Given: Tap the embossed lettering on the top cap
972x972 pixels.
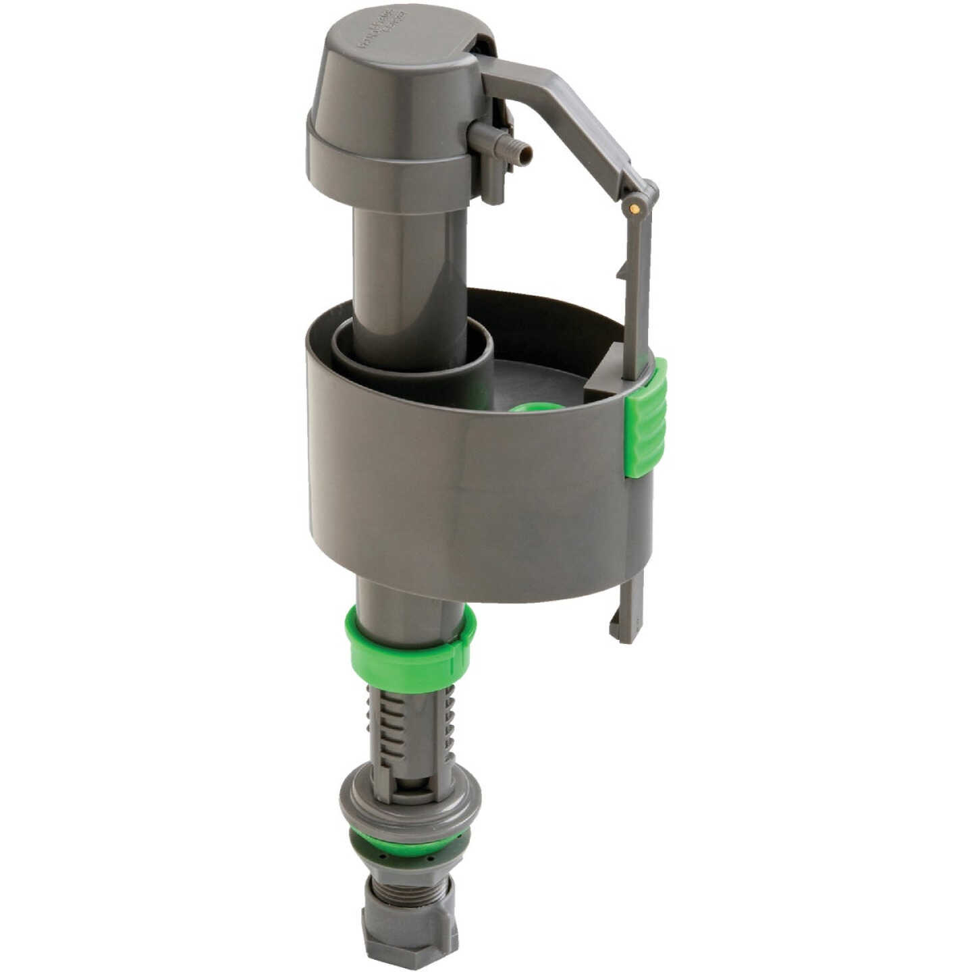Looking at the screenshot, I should [x=381, y=34].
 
